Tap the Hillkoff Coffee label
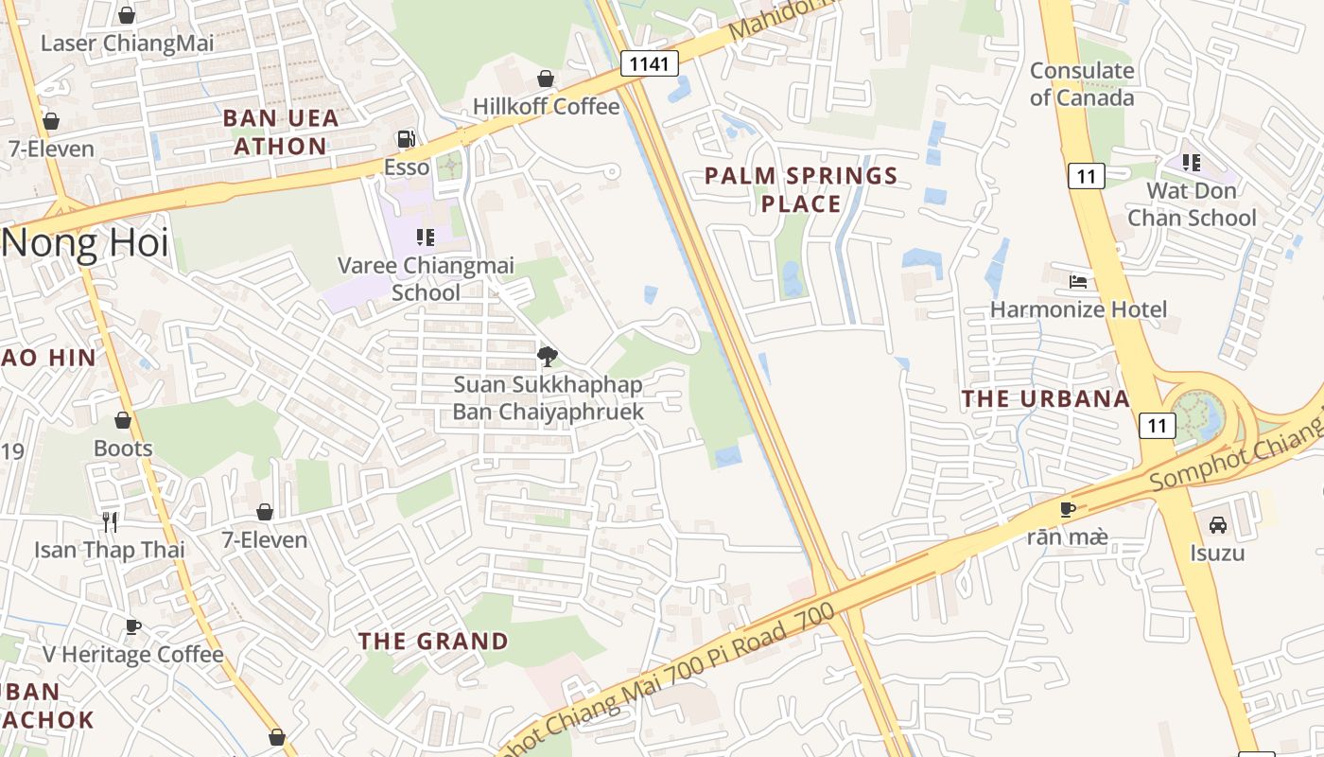(x=546, y=106)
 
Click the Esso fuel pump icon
(x=406, y=139)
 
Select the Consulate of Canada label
(x=1082, y=84)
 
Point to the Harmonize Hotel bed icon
(x=1078, y=281)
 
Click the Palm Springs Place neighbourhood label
(x=801, y=189)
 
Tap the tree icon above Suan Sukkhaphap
(x=547, y=357)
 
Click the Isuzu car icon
(x=1218, y=524)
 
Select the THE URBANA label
(x=1045, y=398)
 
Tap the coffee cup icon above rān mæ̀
(x=1068, y=509)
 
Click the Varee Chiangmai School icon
(x=426, y=237)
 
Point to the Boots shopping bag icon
(x=123, y=420)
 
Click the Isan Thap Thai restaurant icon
(x=110, y=521)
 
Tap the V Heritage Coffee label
(x=133, y=654)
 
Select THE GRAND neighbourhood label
(x=433, y=641)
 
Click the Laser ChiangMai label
(x=128, y=43)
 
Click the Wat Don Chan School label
(x=1201, y=203)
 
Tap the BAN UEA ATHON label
(x=280, y=132)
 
